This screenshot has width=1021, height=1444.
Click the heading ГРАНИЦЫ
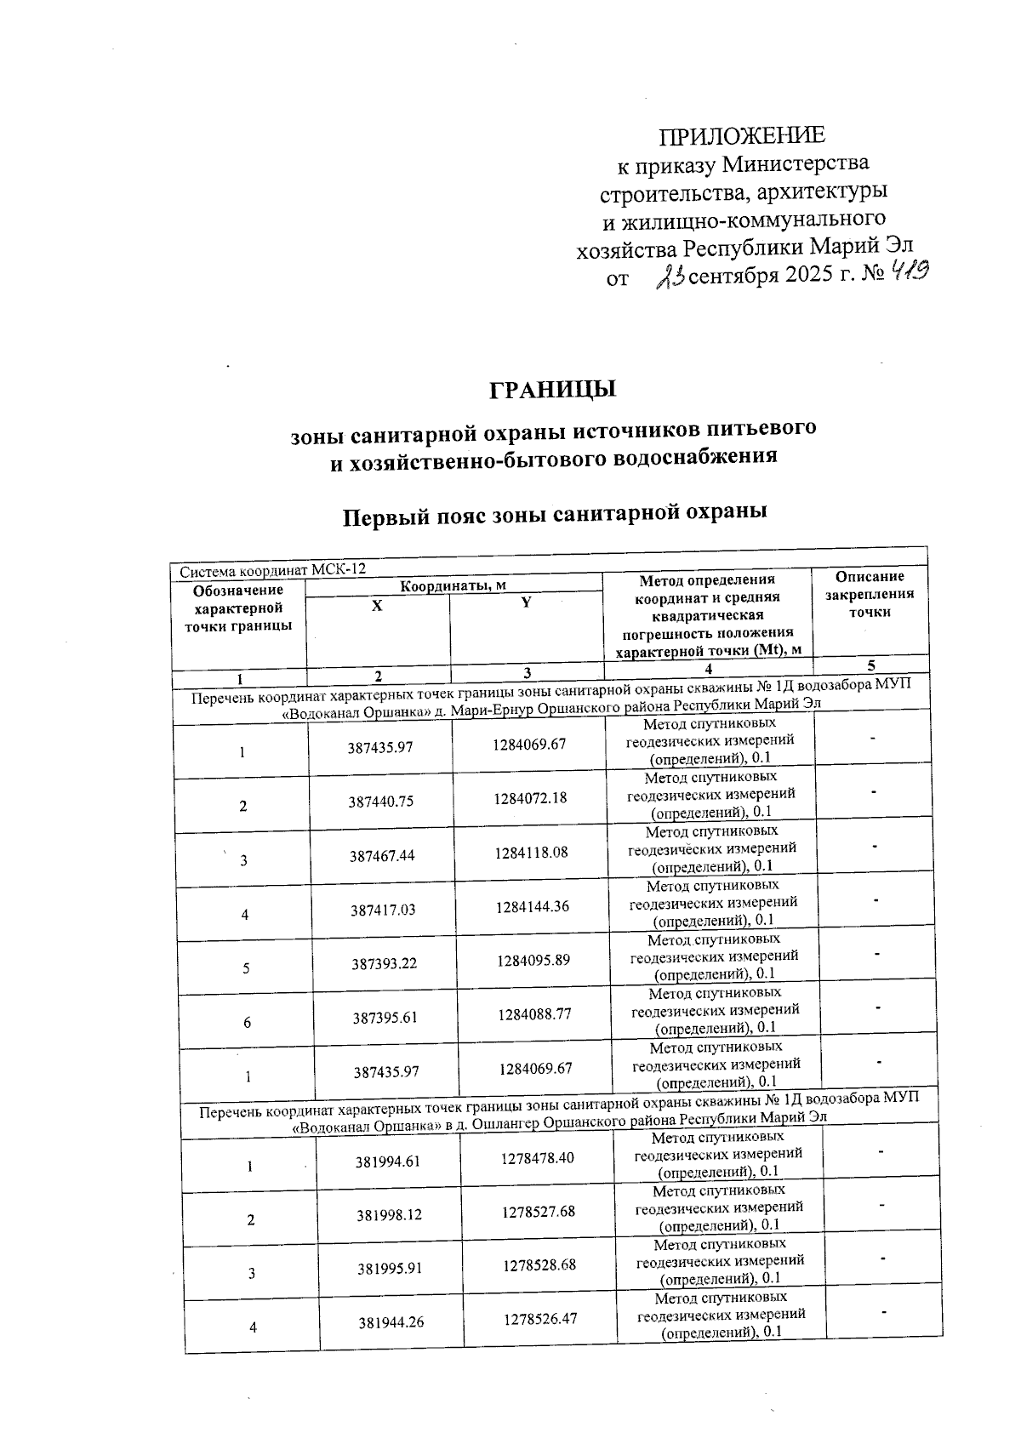point(552,390)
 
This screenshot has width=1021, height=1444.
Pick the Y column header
point(526,602)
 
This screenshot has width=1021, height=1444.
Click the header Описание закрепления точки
point(870,594)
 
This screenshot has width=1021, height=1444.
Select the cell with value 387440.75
point(380,802)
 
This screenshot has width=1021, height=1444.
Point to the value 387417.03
point(383,910)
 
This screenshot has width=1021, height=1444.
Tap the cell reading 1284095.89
point(533,961)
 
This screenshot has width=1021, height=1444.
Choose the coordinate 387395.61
point(385,1018)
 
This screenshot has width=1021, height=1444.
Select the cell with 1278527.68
point(539,1211)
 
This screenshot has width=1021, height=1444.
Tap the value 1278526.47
point(540,1319)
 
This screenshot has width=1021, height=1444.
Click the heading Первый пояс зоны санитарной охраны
point(554,514)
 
